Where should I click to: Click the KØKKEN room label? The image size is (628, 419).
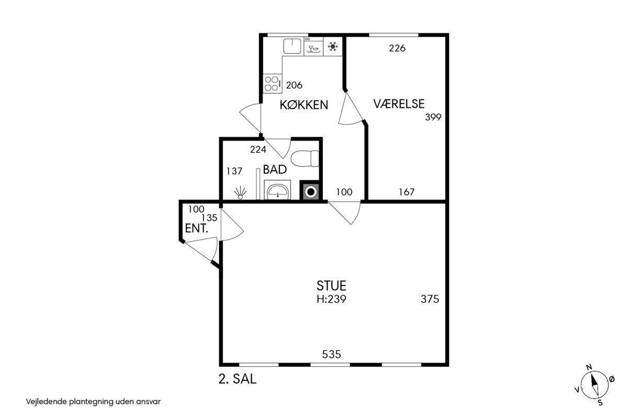[304, 105]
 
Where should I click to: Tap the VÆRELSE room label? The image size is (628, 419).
[399, 104]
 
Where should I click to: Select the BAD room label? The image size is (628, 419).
[275, 170]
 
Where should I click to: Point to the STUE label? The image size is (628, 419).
[331, 285]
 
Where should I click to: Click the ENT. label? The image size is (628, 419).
[197, 228]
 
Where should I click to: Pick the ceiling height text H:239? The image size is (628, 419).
[331, 299]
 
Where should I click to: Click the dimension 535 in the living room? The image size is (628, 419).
[331, 355]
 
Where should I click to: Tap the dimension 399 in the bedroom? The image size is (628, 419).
[433, 117]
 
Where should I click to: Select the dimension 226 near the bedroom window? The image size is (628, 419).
[397, 48]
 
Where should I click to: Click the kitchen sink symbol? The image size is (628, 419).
[292, 46]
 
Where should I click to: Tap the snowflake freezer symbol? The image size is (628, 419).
[333, 46]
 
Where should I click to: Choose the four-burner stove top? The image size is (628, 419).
[272, 84]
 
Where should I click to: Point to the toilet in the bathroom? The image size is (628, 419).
[305, 159]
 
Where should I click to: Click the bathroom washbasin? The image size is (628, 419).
[277, 191]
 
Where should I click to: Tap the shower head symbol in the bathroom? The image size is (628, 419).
[240, 193]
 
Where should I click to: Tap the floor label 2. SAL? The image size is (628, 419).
[238, 379]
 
